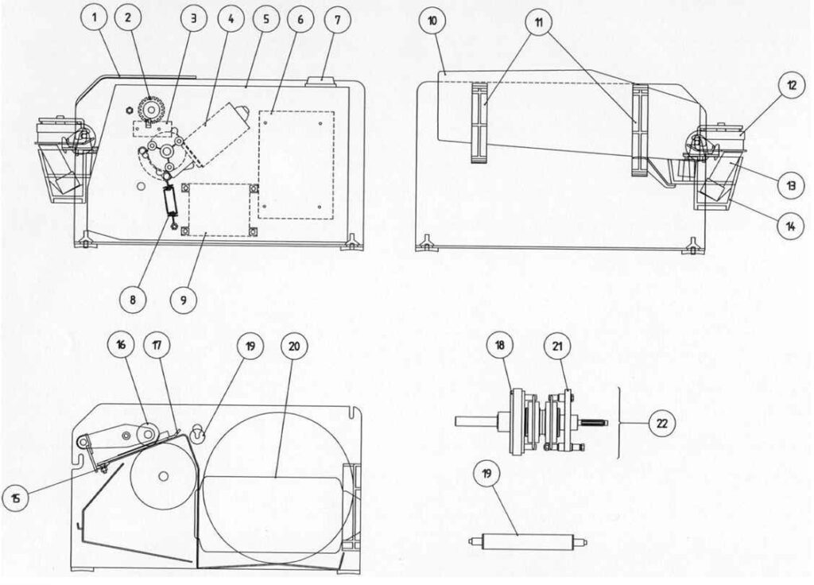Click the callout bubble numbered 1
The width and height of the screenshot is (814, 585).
[x=95, y=17]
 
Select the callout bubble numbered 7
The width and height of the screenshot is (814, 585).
[x=337, y=20]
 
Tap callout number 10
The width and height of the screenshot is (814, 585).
[x=433, y=21]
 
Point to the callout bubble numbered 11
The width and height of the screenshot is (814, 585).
[x=539, y=22]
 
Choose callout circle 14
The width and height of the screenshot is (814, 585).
[x=791, y=226]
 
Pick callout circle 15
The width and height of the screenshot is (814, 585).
[x=16, y=498]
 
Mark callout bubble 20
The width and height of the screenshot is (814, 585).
[x=294, y=347]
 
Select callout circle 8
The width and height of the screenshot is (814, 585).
[x=133, y=299]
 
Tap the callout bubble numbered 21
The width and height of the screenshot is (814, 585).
[x=557, y=347]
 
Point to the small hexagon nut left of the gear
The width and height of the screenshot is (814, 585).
[x=128, y=110]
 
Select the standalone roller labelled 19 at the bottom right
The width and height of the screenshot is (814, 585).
[x=528, y=542]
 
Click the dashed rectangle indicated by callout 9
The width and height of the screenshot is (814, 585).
[x=219, y=209]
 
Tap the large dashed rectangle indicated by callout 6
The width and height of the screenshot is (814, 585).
[x=297, y=165]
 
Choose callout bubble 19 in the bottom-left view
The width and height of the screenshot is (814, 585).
[x=250, y=346]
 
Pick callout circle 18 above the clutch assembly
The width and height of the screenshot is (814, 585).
[x=500, y=346]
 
